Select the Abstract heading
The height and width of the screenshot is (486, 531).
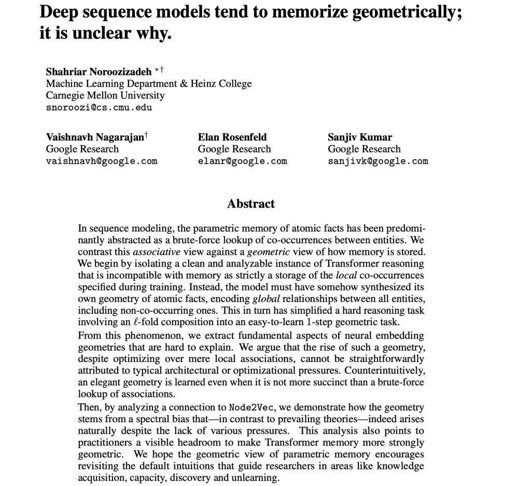251,204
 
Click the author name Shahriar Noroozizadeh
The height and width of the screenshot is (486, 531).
99,72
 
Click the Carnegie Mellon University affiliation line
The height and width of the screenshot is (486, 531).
105,95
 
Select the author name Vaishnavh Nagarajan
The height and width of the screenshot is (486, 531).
94,137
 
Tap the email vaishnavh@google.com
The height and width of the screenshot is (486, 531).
102,161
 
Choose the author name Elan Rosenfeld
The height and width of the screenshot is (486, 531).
232,137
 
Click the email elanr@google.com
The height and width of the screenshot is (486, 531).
242,161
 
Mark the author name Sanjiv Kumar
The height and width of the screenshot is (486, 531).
360,137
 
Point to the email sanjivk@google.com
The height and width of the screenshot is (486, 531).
378,161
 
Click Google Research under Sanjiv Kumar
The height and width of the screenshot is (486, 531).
364,149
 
